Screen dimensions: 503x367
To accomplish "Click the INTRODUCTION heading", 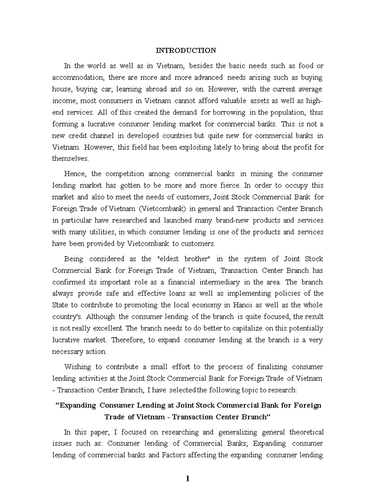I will pos(186,51).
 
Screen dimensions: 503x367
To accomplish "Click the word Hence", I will pos(75,174).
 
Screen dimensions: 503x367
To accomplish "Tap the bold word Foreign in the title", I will pos(308,406).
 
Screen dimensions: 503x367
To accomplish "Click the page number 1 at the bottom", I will pos(187,478).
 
